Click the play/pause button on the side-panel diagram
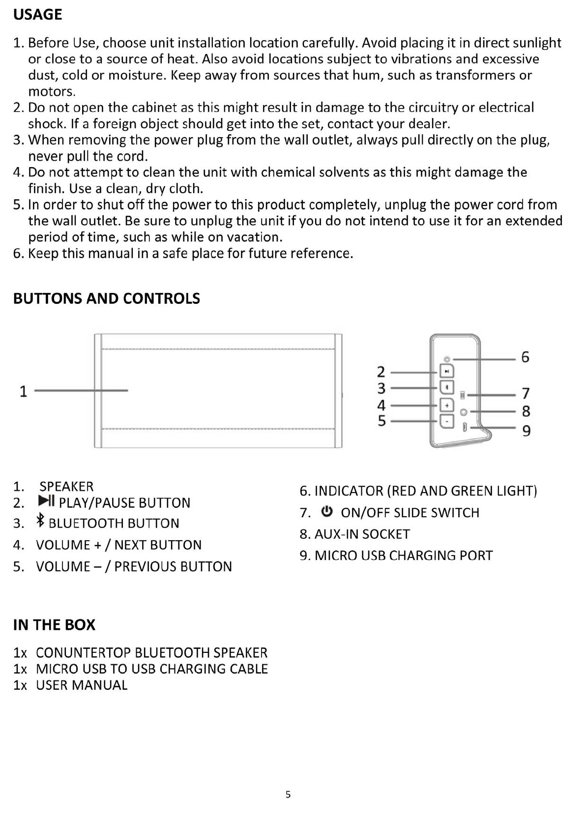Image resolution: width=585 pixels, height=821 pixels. (446, 371)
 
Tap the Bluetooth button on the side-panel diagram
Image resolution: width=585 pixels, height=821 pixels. (446, 388)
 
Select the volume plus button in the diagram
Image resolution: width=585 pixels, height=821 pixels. (446, 405)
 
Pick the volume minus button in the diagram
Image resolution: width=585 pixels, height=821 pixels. (446, 421)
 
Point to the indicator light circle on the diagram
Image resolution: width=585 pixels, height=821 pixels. (447, 359)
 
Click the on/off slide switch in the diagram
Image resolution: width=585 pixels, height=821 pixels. (463, 395)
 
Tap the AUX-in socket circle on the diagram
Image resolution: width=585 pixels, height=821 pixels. (463, 412)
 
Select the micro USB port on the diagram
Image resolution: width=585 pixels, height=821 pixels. (465, 427)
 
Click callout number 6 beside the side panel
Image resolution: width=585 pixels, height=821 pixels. (525, 357)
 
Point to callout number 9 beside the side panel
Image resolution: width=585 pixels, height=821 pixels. (526, 431)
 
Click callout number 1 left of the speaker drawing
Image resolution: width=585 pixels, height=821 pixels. (23, 392)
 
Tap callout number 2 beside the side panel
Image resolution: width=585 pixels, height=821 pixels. (381, 372)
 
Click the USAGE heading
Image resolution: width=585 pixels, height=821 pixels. (38, 15)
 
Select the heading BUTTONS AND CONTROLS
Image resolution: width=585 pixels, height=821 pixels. (107, 299)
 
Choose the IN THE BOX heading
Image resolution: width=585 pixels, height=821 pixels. (54, 625)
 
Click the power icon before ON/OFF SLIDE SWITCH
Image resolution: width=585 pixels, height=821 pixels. (327, 512)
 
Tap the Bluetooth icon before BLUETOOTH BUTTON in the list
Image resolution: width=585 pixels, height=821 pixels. (41, 521)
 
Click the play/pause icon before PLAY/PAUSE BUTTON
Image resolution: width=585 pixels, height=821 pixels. (47, 502)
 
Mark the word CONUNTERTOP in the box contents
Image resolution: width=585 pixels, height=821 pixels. (83, 653)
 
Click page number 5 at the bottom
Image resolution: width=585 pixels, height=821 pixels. (288, 794)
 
